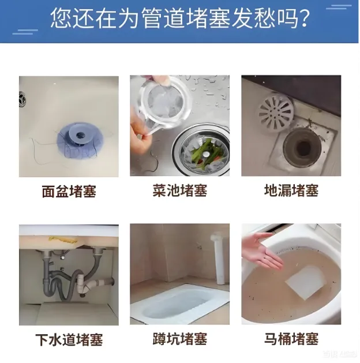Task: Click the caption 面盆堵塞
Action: click(69, 191)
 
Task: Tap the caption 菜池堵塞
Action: click(180, 190)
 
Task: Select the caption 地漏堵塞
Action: click(291, 190)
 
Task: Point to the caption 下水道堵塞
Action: click(69, 339)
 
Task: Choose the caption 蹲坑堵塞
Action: click(180, 339)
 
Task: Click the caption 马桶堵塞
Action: click(291, 339)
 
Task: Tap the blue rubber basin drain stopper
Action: click(80, 141)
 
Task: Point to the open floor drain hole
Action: click(302, 147)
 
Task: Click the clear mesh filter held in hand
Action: click(166, 104)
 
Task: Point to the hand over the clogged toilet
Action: click(261, 250)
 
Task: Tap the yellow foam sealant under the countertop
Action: click(62, 239)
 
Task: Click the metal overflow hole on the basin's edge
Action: click(22, 99)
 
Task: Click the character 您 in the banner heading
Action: click(61, 18)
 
